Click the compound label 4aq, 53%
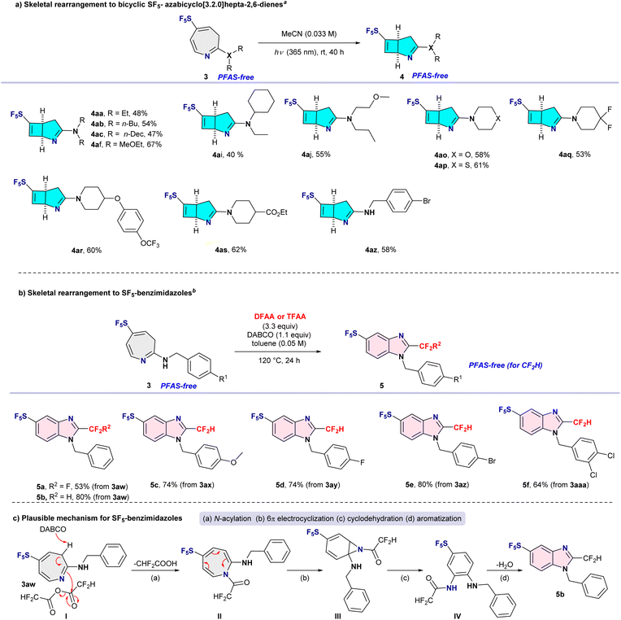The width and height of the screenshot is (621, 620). point(575,155)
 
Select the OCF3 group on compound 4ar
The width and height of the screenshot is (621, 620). point(150,243)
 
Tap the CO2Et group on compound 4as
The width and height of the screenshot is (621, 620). point(276,213)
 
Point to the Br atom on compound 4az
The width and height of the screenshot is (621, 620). point(427,201)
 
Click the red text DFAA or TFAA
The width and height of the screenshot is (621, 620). point(280,317)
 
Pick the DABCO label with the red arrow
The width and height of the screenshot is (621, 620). point(53,529)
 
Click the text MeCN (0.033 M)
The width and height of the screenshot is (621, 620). point(309,34)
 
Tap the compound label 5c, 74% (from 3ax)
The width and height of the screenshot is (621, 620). point(182,484)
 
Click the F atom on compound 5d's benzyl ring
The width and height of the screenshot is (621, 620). point(363,462)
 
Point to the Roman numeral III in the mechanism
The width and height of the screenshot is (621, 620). point(337,616)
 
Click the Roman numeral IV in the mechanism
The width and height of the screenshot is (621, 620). point(457,616)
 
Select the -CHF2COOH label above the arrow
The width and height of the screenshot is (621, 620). point(155,563)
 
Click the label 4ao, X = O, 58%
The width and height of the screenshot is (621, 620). point(462,155)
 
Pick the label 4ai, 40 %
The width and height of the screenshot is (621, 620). point(228,155)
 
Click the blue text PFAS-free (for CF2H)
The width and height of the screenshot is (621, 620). point(506,365)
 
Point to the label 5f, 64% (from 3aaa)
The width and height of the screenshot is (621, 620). point(555,484)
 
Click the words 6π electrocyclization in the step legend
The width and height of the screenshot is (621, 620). point(301,518)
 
